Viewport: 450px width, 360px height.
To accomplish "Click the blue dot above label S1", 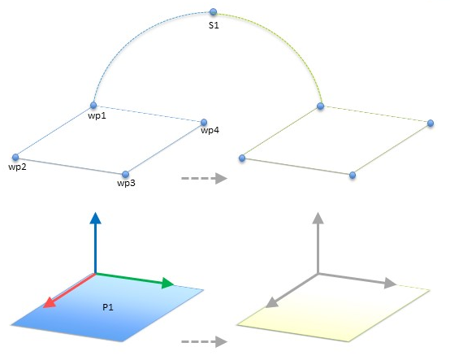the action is point(213,11).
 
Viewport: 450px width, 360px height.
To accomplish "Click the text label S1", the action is point(214,25).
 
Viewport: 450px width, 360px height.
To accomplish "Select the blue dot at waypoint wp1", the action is point(93,106).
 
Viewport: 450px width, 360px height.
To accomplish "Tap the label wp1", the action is point(97,115).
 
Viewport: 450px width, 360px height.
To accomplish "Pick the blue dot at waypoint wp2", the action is point(15,157).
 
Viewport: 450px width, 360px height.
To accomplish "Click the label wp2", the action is point(18,167).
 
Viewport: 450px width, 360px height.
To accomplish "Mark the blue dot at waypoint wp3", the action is point(125,174).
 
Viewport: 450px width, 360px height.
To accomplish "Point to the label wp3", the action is point(126,183).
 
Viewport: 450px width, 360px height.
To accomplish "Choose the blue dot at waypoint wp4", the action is point(204,122).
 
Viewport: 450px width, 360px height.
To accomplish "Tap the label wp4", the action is point(210,130).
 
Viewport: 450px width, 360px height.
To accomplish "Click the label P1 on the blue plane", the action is point(108,307).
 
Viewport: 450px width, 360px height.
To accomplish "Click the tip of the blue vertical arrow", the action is point(95,212).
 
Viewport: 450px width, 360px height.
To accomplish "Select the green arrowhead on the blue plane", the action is point(168,283).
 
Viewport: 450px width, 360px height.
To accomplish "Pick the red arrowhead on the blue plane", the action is point(49,302).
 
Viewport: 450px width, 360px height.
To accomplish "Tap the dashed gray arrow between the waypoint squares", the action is point(204,178).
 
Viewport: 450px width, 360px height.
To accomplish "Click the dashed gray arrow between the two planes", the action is point(204,341).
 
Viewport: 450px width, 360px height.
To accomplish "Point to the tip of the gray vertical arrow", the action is point(318,212).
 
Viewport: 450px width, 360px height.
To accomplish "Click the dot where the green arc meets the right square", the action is point(321,106).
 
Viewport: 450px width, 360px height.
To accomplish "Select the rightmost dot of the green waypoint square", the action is point(431,124).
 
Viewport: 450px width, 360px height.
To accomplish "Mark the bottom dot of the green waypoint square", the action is point(353,175).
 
